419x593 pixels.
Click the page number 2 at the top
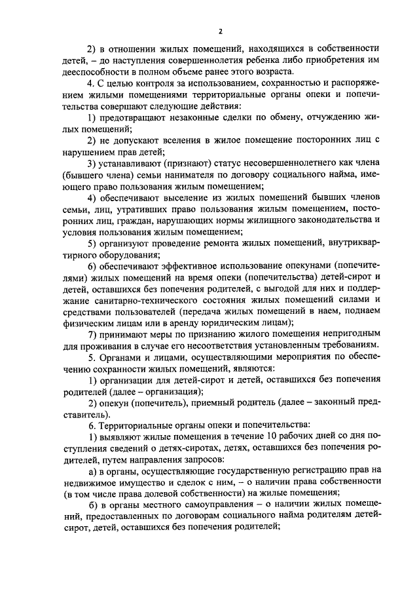point(221,31)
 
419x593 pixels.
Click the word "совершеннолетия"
point(163,60)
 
